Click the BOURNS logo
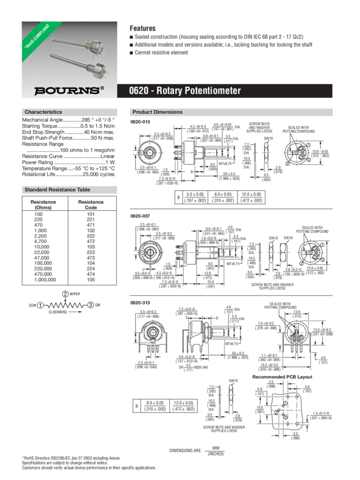pyautogui.click(x=69, y=90)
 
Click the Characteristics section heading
pyautogui.click(x=43, y=112)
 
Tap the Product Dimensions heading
pyautogui.click(x=157, y=112)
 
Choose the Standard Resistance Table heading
pyautogui.click(x=58, y=190)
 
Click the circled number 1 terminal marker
pyautogui.click(x=41, y=305)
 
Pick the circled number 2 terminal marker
pyautogui.click(x=65, y=294)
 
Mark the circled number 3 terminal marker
pyautogui.click(x=90, y=305)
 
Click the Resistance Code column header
pyautogui.click(x=91, y=204)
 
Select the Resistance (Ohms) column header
pyautogui.click(x=43, y=204)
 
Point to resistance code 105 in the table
pyautogui.click(x=91, y=279)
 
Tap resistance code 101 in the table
pyautogui.click(x=91, y=215)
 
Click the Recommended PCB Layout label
pyautogui.click(x=282, y=376)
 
